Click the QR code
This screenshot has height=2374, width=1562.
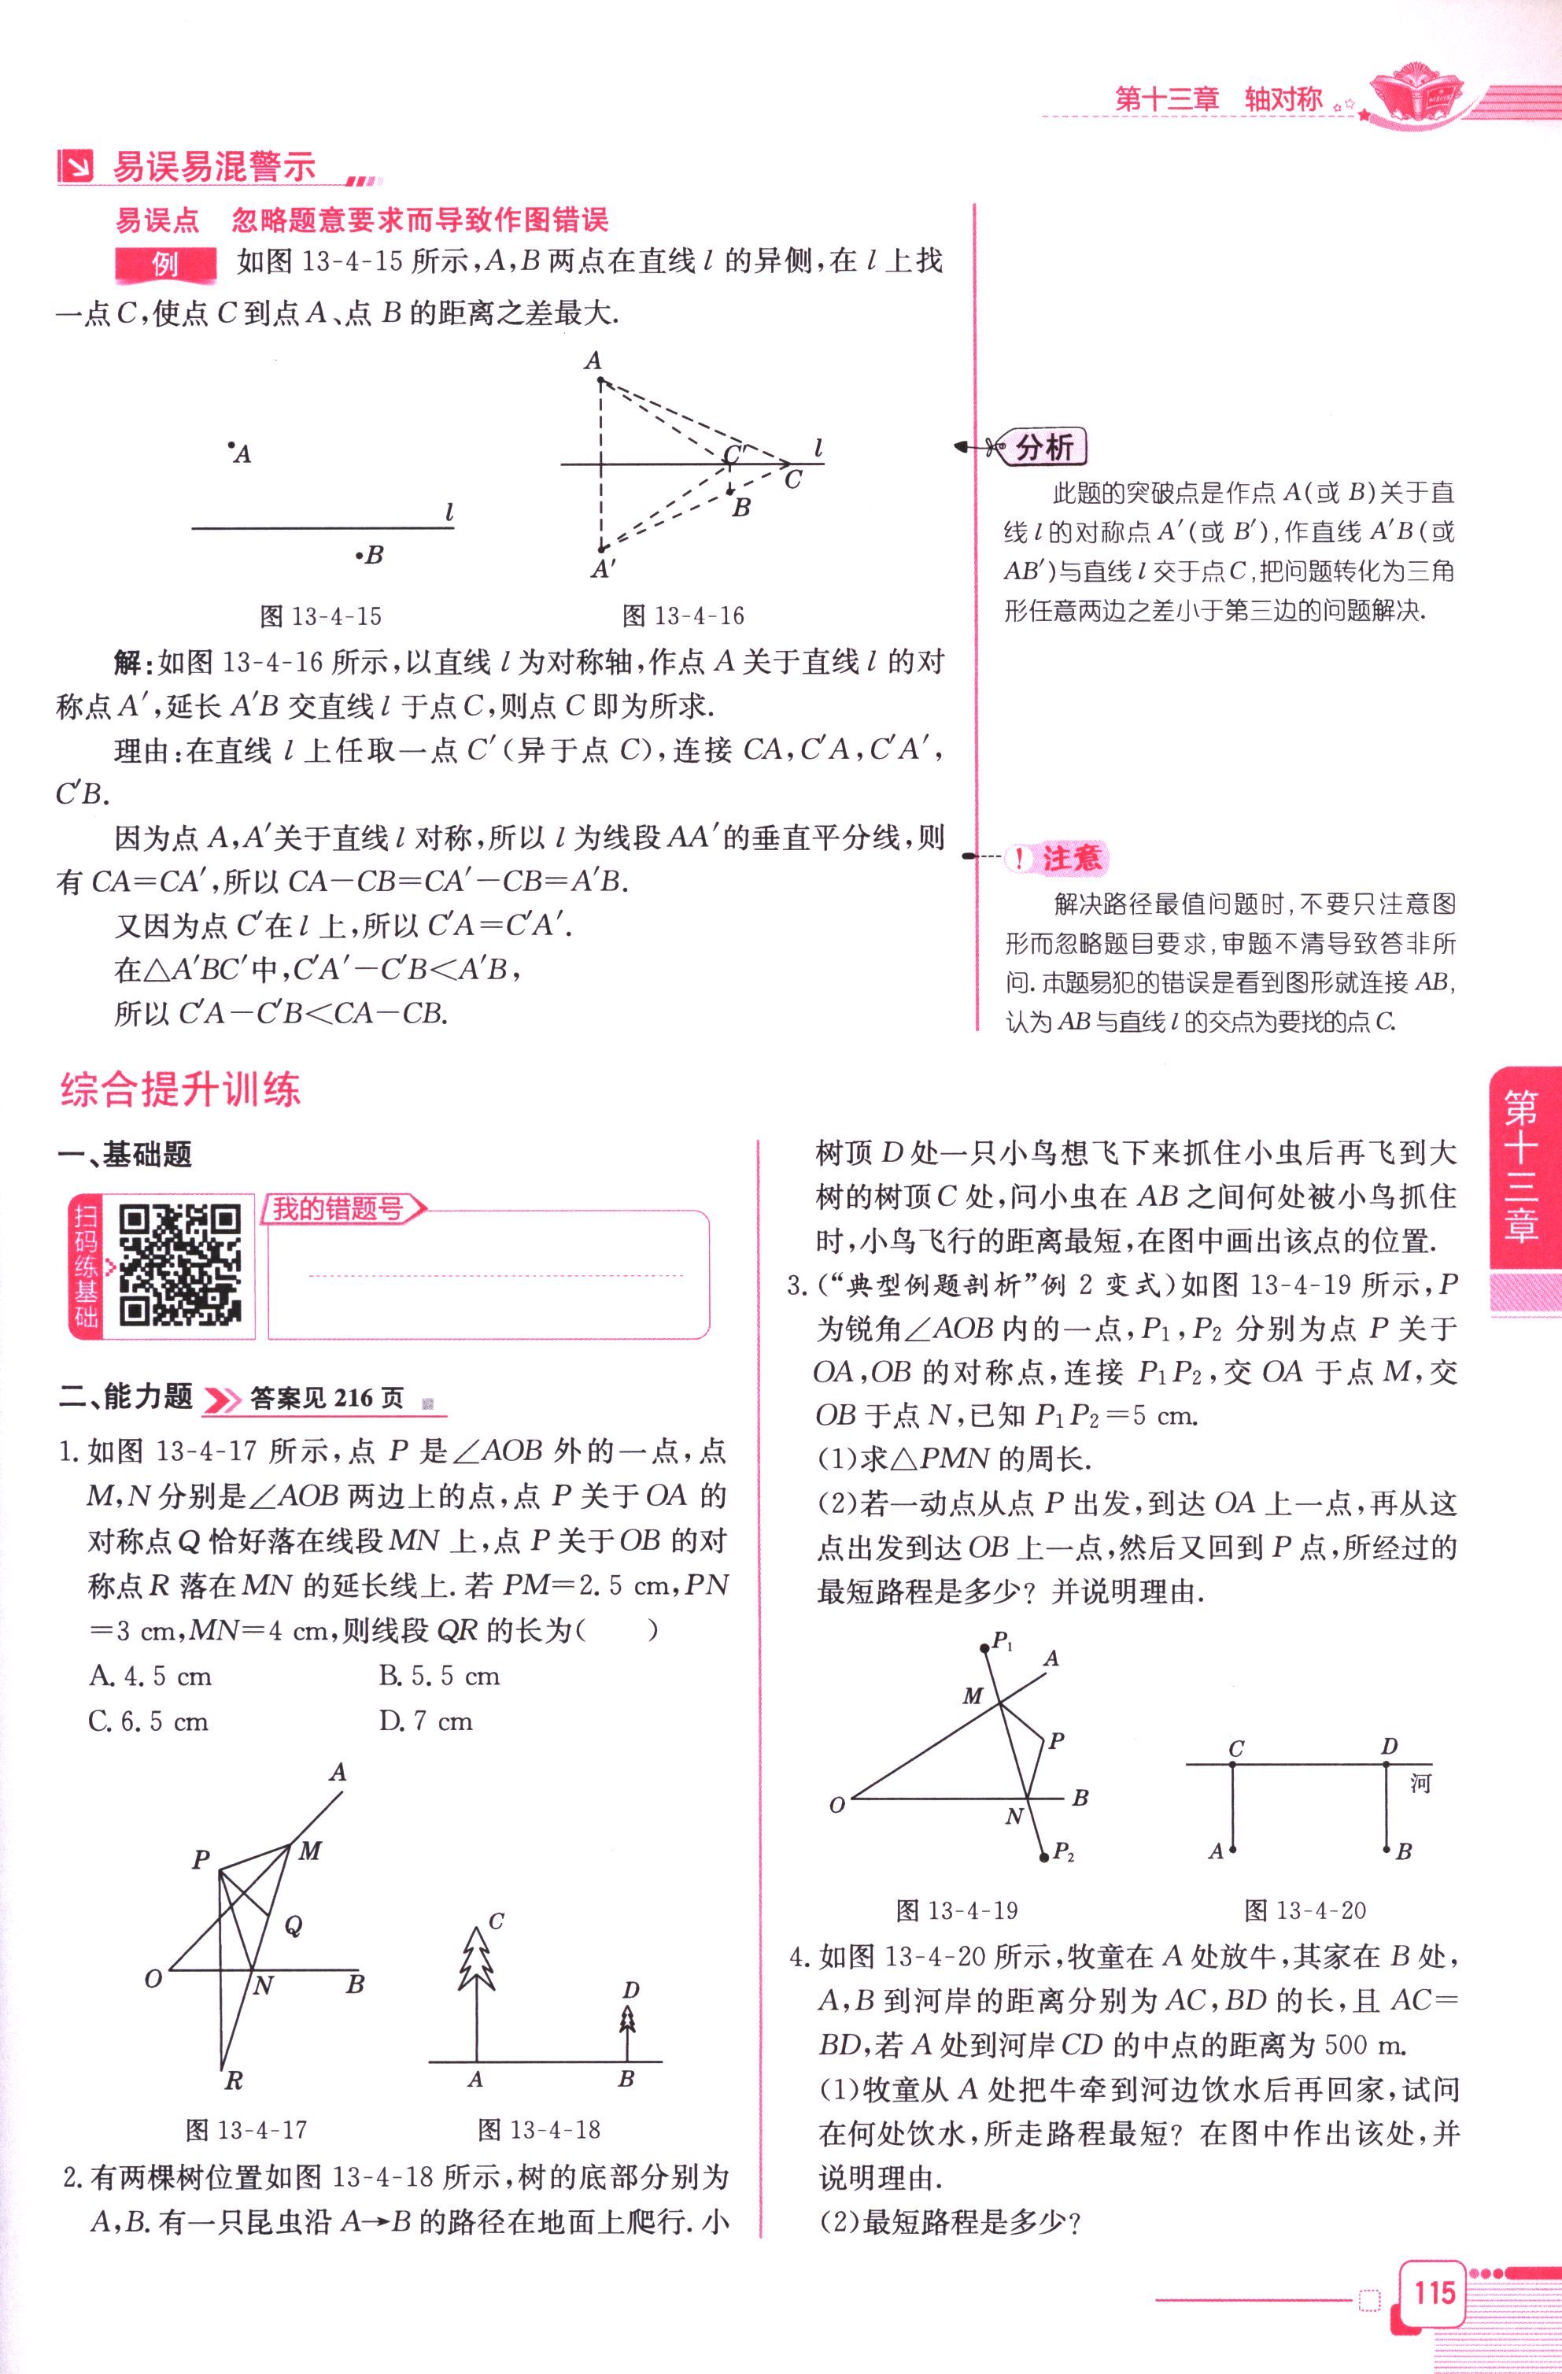click(179, 1265)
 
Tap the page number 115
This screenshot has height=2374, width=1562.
click(1433, 2292)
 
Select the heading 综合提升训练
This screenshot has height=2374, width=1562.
click(180, 1089)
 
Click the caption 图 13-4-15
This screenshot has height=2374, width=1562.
click(320, 616)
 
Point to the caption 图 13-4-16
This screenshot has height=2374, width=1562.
click(683, 616)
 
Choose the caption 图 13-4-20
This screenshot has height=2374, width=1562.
click(1305, 1910)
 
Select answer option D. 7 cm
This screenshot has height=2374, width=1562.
click(426, 1721)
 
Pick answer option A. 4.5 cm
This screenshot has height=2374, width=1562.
click(150, 1676)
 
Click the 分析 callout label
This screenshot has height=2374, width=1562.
click(1043, 448)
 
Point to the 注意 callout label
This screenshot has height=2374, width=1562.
click(1069, 859)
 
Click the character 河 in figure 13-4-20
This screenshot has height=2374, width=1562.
click(1420, 1783)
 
